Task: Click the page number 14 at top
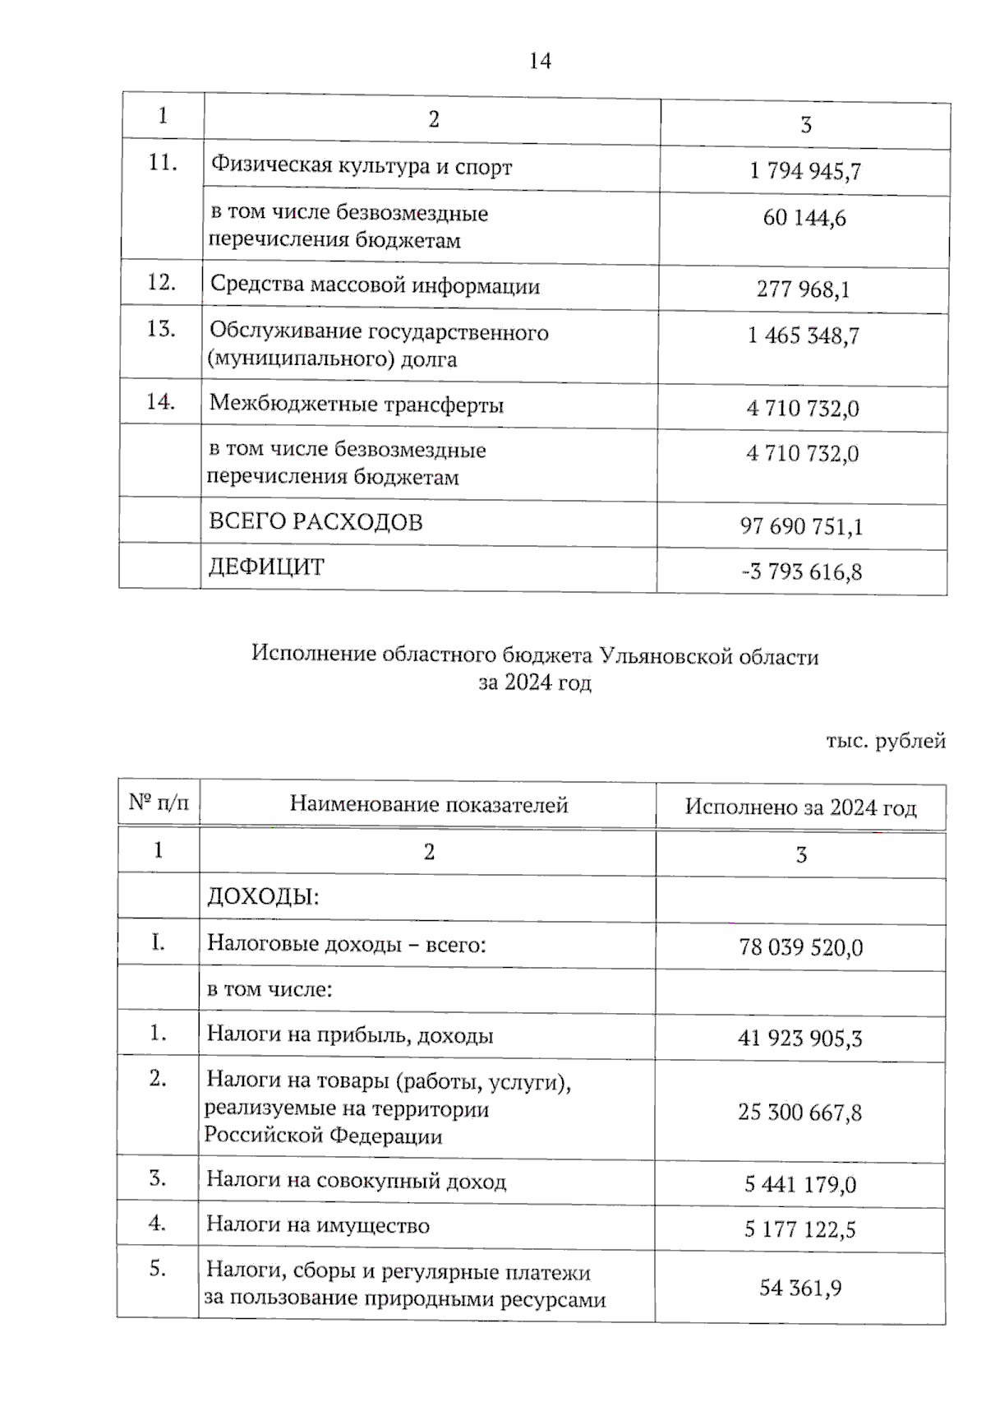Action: pyautogui.click(x=540, y=61)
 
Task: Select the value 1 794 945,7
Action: pyautogui.click(x=804, y=171)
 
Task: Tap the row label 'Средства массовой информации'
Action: pyautogui.click(x=375, y=285)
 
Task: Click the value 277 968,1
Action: pyautogui.click(x=803, y=289)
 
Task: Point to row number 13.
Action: pyautogui.click(x=161, y=329)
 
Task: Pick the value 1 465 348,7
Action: pyautogui.click(x=803, y=335)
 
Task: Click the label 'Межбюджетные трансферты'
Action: pyautogui.click(x=356, y=404)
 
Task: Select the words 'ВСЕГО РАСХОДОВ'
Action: pyautogui.click(x=316, y=521)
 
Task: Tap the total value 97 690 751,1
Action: pyautogui.click(x=801, y=526)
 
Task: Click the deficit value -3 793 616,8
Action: pyautogui.click(x=801, y=571)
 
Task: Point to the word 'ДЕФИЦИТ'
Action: pyautogui.click(x=266, y=567)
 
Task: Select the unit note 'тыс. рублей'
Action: pyautogui.click(x=886, y=741)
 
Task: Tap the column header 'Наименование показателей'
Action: pyautogui.click(x=428, y=804)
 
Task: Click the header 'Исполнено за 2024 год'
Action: pyautogui.click(x=800, y=807)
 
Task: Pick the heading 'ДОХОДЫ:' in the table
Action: pyautogui.click(x=262, y=896)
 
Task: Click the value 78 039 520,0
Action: pyautogui.click(x=800, y=947)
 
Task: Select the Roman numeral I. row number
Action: pyautogui.click(x=158, y=942)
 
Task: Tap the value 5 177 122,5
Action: pyautogui.click(x=799, y=1229)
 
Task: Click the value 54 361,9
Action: pyautogui.click(x=799, y=1288)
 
